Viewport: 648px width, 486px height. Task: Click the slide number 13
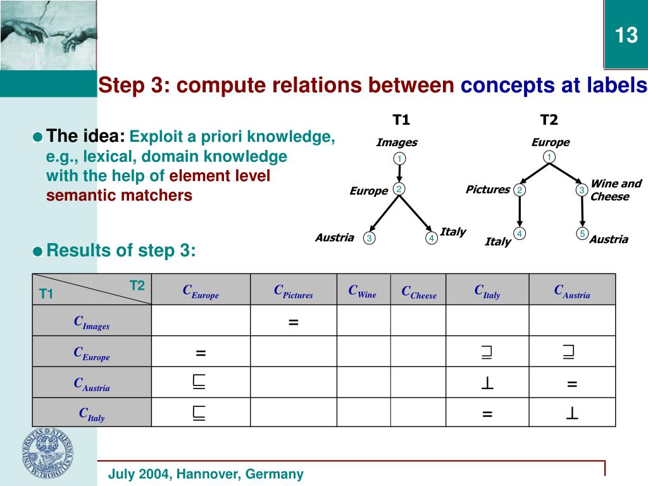pyautogui.click(x=626, y=35)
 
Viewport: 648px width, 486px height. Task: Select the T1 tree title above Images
pyautogui.click(x=401, y=120)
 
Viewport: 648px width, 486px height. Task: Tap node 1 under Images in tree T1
pyautogui.click(x=399, y=158)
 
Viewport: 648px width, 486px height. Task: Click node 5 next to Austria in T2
pyautogui.click(x=582, y=234)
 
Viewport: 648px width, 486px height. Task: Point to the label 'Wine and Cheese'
pyautogui.click(x=615, y=190)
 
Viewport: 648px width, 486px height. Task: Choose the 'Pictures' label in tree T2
pyautogui.click(x=487, y=189)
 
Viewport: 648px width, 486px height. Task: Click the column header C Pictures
pyautogui.click(x=293, y=291)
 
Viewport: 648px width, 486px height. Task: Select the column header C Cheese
pyautogui.click(x=418, y=292)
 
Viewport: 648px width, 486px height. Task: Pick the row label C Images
pyautogui.click(x=91, y=323)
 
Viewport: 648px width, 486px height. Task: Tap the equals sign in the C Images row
pyautogui.click(x=293, y=323)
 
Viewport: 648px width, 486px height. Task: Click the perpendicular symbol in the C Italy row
pyautogui.click(x=572, y=414)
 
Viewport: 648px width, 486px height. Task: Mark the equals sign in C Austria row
pyautogui.click(x=572, y=383)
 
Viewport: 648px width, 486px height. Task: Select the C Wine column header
pyautogui.click(x=362, y=291)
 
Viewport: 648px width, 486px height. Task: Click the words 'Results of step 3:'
pyautogui.click(x=121, y=251)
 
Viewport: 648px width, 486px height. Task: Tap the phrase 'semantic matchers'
pyautogui.click(x=119, y=196)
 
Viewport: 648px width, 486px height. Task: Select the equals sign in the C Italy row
pyautogui.click(x=487, y=414)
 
